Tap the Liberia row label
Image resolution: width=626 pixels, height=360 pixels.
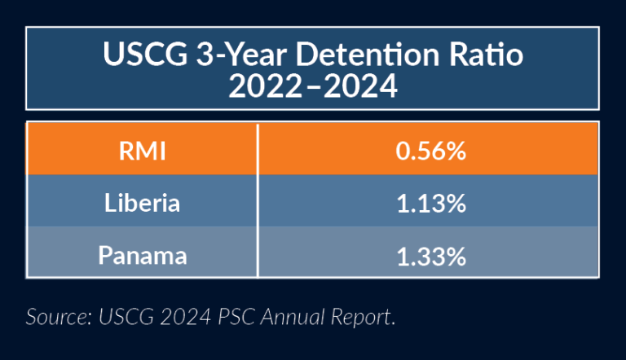coord(143,203)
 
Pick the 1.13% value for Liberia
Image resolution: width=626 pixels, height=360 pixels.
coord(430,203)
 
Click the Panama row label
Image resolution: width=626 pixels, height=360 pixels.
coord(143,255)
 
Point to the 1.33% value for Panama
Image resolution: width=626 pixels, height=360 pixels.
coord(430,255)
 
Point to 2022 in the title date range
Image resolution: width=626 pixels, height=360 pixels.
coord(262,86)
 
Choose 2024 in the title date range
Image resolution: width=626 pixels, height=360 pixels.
coord(362,86)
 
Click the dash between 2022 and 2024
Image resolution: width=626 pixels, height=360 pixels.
coord(312,86)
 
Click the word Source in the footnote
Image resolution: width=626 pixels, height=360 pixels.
coord(55,316)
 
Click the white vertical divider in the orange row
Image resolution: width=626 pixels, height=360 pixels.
coord(258,151)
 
